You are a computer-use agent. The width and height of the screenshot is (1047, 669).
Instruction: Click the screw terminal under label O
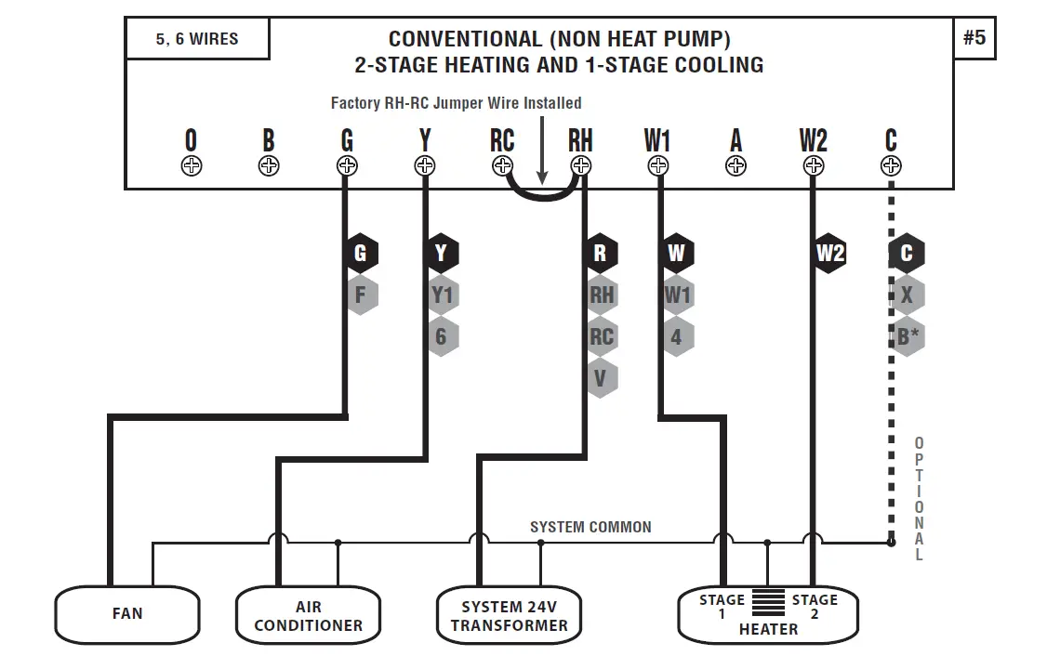click(x=191, y=166)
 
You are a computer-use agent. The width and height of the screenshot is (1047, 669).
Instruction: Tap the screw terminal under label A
click(x=736, y=166)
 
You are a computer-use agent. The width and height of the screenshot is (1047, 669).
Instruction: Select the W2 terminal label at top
click(x=813, y=141)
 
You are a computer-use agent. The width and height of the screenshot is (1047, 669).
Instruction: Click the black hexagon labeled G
click(x=361, y=253)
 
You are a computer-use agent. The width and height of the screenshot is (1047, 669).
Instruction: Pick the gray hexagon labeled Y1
click(x=441, y=295)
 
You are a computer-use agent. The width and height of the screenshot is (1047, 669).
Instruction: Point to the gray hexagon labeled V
click(x=601, y=378)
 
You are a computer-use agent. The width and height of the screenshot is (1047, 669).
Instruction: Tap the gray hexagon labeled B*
click(x=908, y=337)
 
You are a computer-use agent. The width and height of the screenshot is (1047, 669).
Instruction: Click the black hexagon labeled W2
click(x=830, y=253)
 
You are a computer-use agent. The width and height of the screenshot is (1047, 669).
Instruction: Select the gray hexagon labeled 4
click(x=676, y=337)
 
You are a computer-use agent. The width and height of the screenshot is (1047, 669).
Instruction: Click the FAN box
click(x=127, y=614)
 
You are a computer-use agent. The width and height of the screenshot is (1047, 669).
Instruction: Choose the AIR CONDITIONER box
click(x=308, y=615)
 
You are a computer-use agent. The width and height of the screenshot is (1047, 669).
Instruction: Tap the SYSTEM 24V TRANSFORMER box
click(x=509, y=615)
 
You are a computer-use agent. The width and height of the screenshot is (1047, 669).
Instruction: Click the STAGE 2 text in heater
click(x=815, y=607)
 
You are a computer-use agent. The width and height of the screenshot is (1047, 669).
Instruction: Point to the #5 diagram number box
click(x=974, y=38)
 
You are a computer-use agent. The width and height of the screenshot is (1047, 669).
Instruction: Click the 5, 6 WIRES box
click(x=197, y=39)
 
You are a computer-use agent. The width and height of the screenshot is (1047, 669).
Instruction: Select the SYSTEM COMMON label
click(x=590, y=527)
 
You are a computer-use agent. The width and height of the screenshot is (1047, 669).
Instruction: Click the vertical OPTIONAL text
click(x=919, y=499)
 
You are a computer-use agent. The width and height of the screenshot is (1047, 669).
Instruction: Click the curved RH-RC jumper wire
click(x=542, y=195)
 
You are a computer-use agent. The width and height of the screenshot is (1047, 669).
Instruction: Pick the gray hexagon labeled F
click(x=361, y=295)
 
